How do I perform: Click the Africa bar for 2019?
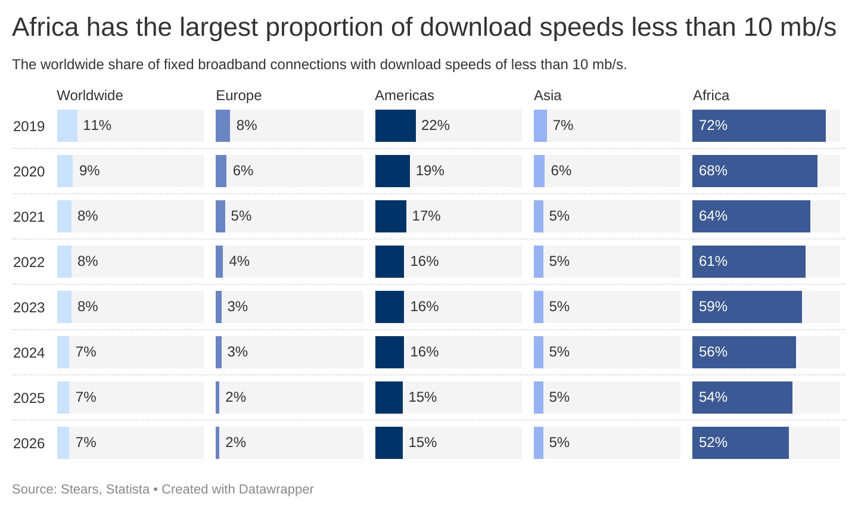[x=758, y=126]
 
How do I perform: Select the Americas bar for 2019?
[x=395, y=126]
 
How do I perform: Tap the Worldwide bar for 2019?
[x=67, y=126]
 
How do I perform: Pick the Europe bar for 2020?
[x=221, y=171]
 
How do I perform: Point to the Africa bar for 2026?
[x=740, y=443]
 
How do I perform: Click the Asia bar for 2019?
[x=540, y=126]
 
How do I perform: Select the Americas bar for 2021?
[x=390, y=216]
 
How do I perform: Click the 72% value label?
[x=713, y=126]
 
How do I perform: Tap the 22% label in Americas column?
[x=436, y=126]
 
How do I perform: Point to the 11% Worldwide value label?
[x=97, y=126]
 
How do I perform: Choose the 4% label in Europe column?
[x=240, y=262]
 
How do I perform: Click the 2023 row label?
[x=29, y=308]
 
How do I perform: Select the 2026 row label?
[x=29, y=443]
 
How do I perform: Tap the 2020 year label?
[x=29, y=172]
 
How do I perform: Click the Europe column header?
[x=238, y=95]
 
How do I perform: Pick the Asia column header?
[x=547, y=95]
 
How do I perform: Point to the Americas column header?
[x=404, y=95]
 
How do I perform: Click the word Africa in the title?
[x=45, y=27]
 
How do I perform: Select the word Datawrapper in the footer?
[x=276, y=489]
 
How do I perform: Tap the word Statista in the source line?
[x=128, y=489]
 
